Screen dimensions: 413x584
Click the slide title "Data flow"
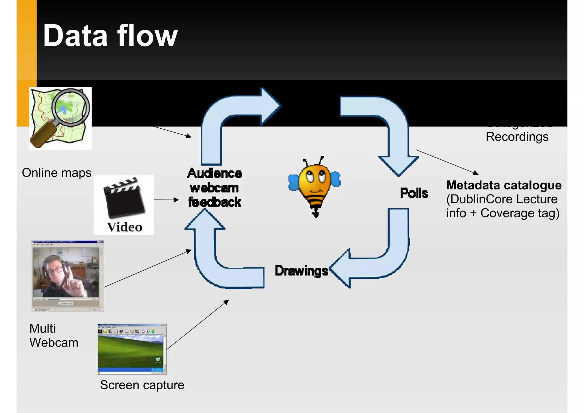pos(110,36)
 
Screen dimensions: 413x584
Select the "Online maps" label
pos(56,173)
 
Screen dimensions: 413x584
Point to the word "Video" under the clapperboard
pos(125,227)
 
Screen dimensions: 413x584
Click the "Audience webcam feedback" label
pos(214,188)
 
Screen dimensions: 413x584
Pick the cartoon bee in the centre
pos(315,185)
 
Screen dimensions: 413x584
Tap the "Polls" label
pos(414,193)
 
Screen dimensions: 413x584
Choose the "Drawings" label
pos(301,271)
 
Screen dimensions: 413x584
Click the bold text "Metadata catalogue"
pos(504,185)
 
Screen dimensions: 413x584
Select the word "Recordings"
pos(517,137)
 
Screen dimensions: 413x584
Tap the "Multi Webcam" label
pos(54,335)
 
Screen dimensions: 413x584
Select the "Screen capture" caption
pos(142,385)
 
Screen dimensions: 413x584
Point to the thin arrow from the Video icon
pos(166,200)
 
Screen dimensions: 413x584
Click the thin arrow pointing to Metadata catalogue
pos(447,162)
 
